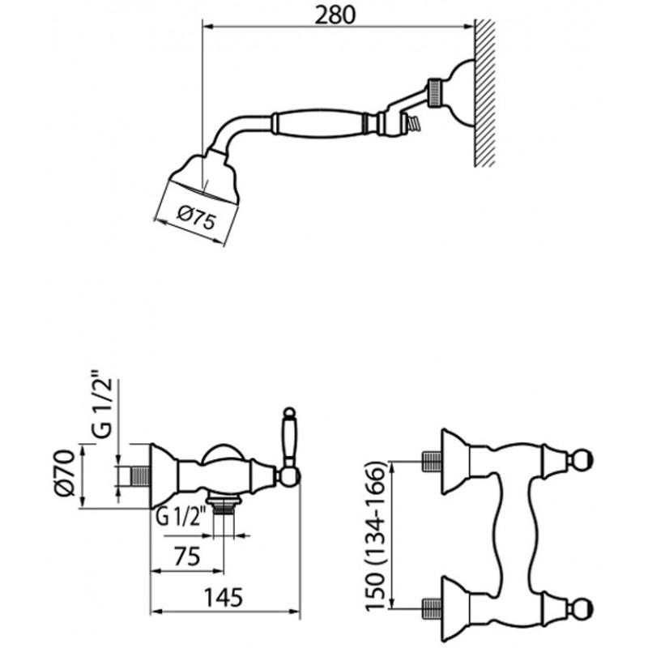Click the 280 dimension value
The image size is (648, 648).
(335, 15)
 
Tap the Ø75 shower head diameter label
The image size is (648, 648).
(196, 218)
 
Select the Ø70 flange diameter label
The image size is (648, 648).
(65, 472)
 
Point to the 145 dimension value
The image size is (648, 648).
(224, 597)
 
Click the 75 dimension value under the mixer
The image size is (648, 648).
(187, 556)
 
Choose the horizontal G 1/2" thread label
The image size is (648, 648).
(181, 517)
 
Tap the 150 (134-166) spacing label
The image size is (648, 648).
(375, 535)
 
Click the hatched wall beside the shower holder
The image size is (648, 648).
(484, 93)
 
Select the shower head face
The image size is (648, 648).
(204, 190)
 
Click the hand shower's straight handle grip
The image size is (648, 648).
(318, 123)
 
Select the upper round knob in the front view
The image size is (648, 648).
(583, 461)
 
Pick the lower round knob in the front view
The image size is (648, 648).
(583, 609)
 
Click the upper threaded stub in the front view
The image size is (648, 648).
(433, 461)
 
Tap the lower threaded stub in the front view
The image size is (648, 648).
(433, 609)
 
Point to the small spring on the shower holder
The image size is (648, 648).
(413, 123)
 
